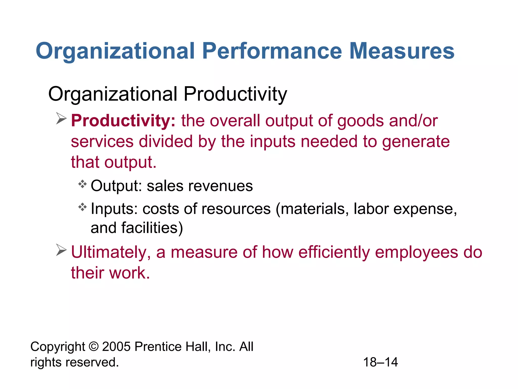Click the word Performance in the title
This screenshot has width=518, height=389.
272,51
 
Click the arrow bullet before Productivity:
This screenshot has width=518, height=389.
61,119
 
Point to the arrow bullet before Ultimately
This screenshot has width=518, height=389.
61,250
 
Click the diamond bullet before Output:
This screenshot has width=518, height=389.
82,184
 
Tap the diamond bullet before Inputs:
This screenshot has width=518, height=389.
82,207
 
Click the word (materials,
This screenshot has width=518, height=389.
312,209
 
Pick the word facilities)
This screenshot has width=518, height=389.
152,228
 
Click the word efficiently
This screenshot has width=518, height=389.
334,252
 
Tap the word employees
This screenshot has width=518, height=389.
416,253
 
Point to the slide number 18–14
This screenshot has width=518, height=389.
380,362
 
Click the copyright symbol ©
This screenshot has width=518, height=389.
94,346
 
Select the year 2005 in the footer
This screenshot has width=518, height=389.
116,346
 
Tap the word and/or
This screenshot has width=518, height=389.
413,121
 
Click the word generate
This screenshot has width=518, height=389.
416,142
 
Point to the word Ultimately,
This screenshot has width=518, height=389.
111,253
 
